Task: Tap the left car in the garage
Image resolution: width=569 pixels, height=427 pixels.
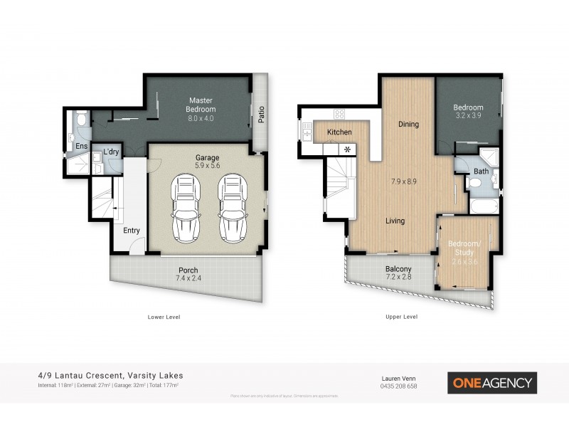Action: coord(186,208)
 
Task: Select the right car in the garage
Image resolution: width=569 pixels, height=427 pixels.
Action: coord(231,208)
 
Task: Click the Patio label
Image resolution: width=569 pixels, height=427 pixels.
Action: coord(261,115)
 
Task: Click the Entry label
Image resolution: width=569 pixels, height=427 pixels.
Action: coord(131,230)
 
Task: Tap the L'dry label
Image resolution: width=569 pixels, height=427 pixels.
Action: coord(111,152)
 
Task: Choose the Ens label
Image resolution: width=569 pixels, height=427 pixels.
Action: coord(82,147)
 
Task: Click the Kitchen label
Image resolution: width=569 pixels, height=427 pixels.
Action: coord(339,132)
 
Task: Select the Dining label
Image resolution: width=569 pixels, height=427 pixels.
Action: coord(408,125)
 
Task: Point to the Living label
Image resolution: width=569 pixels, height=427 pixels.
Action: coord(395,221)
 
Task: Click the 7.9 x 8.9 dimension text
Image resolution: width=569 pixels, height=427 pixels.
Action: coord(403,181)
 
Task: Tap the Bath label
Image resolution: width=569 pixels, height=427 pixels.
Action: coord(481,172)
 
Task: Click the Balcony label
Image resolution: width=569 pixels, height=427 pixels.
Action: coord(398,269)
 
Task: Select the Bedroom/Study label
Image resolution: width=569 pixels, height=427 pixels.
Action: coord(464,248)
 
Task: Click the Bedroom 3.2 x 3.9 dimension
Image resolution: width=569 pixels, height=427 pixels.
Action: coord(469,117)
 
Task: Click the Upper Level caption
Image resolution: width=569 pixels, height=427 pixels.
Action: coord(402,317)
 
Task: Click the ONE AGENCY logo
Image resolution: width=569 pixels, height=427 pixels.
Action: coord(491,383)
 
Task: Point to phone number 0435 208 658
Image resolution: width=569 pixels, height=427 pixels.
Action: coord(398,386)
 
